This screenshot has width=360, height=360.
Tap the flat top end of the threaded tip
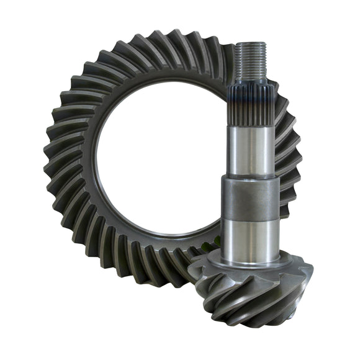(252, 43)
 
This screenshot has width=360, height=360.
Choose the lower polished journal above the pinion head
(248, 236)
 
